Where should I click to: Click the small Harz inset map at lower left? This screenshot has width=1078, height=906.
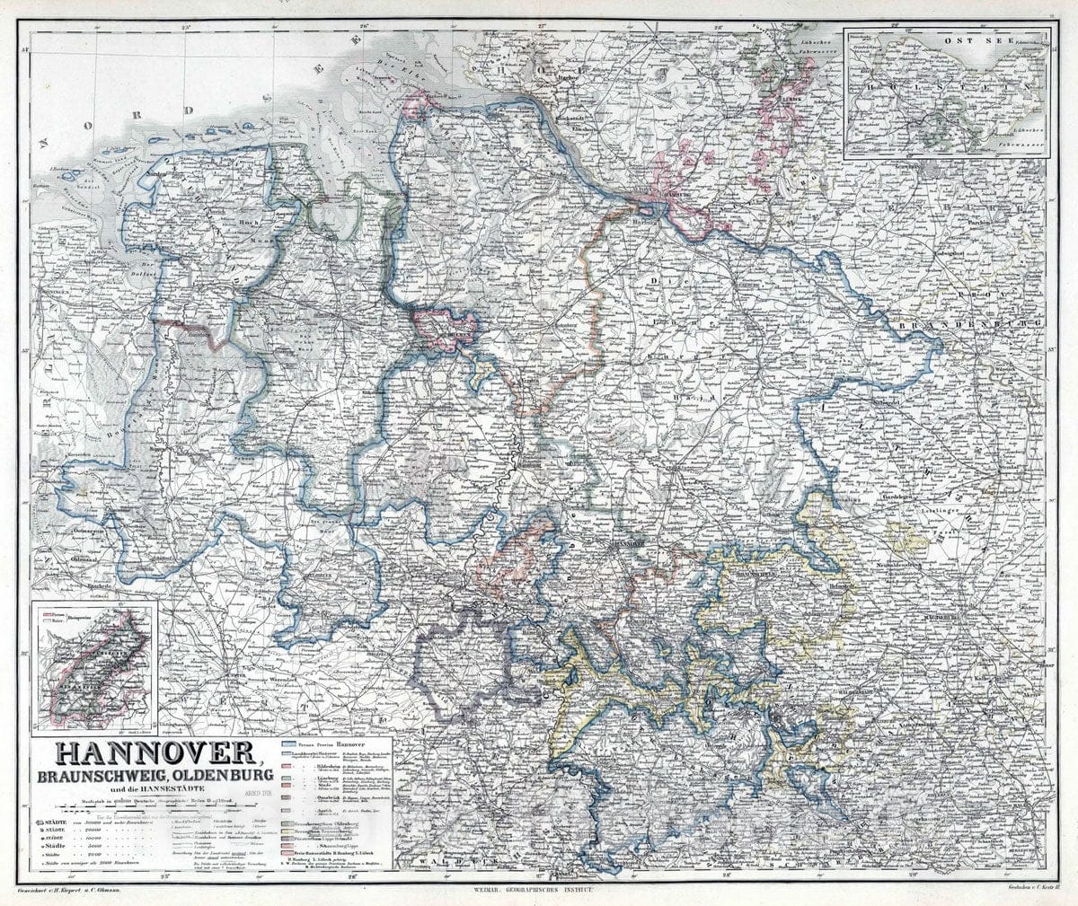93,665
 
